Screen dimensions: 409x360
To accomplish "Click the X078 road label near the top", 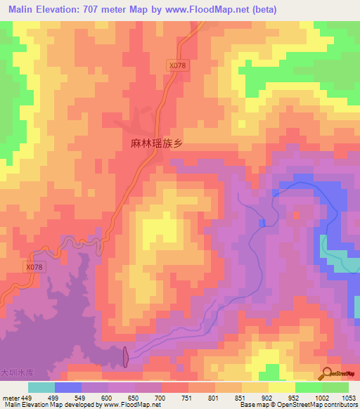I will point(178,65).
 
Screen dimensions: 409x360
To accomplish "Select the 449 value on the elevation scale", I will point(27,397).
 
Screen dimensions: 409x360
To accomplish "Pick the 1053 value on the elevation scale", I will point(349,397).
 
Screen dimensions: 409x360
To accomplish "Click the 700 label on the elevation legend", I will point(160,397).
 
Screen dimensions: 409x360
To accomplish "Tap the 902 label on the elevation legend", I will point(268,397).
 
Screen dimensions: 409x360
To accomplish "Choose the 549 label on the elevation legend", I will point(80,397).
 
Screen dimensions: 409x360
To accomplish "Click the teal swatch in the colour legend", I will point(41,387).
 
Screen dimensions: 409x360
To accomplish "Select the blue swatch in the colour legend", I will point(68,387).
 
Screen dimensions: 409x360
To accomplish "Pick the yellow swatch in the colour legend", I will point(281,387).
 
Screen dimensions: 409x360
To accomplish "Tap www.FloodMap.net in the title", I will point(210,9).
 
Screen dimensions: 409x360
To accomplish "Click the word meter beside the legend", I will point(10,397).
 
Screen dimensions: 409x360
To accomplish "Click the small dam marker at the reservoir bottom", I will point(126,356).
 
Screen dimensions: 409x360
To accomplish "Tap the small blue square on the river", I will point(262,223).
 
